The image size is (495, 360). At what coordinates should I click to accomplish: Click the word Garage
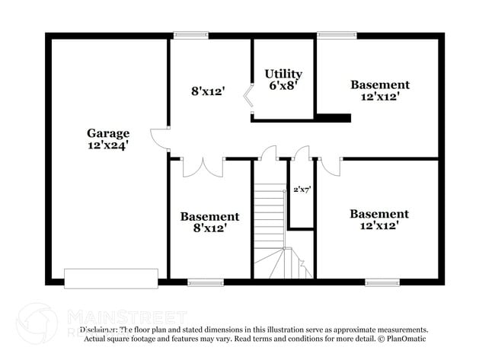(107, 132)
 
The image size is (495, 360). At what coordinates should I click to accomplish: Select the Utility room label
(283, 74)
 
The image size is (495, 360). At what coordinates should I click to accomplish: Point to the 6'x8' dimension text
(283, 85)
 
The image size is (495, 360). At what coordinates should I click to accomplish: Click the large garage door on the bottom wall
(111, 278)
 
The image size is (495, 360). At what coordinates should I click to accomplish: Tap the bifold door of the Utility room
(247, 101)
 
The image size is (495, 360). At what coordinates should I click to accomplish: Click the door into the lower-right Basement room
(329, 165)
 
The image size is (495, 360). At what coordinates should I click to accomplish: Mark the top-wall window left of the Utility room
(190, 35)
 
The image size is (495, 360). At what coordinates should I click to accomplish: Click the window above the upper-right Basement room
(337, 35)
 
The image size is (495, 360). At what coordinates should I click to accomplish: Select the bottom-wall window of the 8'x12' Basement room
(206, 282)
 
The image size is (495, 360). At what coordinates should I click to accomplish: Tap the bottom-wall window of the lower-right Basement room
(382, 282)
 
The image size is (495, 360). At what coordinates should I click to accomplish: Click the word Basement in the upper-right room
(379, 85)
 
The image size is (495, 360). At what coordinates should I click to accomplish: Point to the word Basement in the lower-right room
(379, 214)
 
